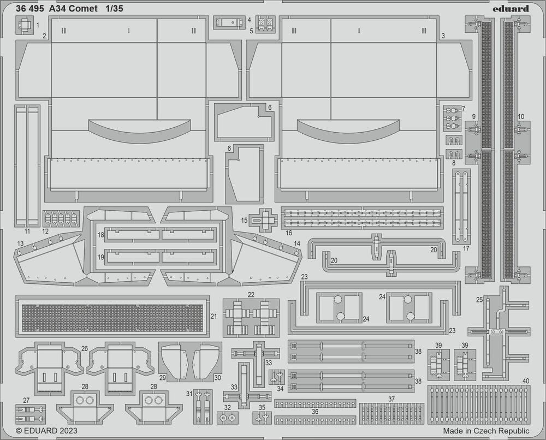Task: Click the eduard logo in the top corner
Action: click(x=511, y=8)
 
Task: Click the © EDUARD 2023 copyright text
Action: click(x=46, y=431)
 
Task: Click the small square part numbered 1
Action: click(x=25, y=25)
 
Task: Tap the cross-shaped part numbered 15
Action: click(x=263, y=219)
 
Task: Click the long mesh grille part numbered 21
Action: click(x=112, y=318)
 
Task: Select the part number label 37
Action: click(x=391, y=399)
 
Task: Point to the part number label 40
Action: click(x=526, y=380)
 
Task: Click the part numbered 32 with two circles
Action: click(x=227, y=418)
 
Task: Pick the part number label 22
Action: click(x=251, y=295)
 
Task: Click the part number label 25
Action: click(x=479, y=300)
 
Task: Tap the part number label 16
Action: click(x=289, y=233)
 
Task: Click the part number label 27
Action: click(x=26, y=400)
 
